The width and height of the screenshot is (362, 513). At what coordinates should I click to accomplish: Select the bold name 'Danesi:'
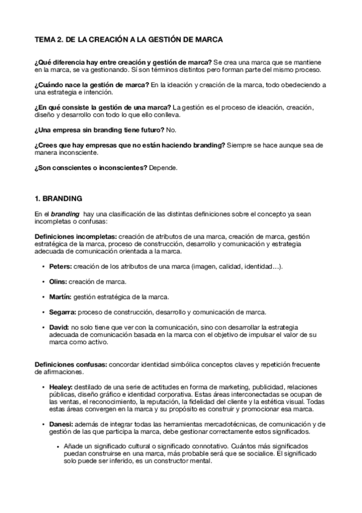coord(62,424)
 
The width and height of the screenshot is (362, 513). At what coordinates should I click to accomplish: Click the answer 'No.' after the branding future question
coord(171,129)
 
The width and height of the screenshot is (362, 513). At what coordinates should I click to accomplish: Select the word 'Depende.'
coord(163,167)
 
